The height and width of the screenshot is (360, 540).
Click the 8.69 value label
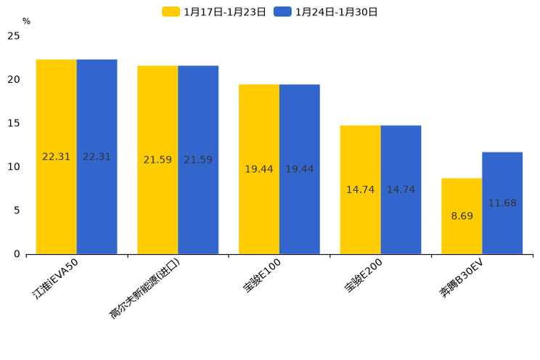462,216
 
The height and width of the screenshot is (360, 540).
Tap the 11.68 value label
502,203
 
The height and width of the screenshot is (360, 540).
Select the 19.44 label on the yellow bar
259,169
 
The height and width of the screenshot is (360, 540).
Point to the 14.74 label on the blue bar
401,189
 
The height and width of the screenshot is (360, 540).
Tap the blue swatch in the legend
282,12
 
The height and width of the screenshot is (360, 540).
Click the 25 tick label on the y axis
14,36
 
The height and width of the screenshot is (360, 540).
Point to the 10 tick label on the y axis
14,166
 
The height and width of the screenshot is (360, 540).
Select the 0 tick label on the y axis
17,254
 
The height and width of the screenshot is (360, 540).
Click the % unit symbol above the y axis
26,21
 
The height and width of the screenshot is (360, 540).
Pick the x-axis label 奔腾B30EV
462,279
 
